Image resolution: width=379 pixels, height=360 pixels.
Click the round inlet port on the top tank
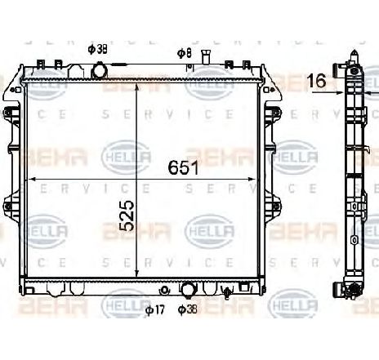tap(100, 73)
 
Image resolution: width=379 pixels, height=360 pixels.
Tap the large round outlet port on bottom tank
tap(188, 289)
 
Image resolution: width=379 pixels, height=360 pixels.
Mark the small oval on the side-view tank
tap(354, 240)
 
